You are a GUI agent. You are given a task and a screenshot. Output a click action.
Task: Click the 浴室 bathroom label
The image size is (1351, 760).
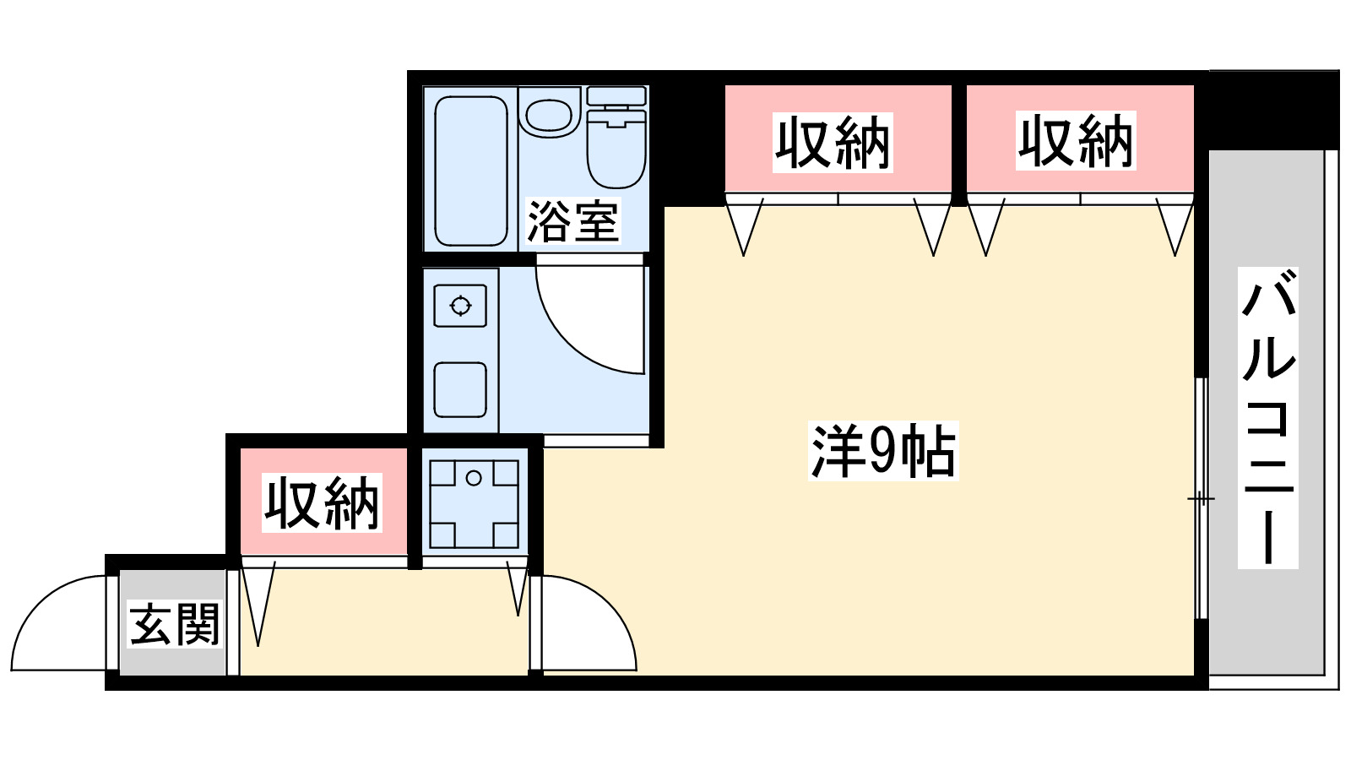pyautogui.click(x=573, y=221)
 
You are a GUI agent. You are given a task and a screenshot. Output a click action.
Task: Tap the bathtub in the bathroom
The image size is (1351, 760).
pyautogui.click(x=470, y=170)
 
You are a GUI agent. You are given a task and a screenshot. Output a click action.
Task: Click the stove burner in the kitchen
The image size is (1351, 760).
pyautogui.click(x=460, y=305)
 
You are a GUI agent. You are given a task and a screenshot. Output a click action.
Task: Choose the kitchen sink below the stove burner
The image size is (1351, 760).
pyautogui.click(x=460, y=389)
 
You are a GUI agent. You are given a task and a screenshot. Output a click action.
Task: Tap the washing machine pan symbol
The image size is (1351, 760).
pyautogui.click(x=474, y=504)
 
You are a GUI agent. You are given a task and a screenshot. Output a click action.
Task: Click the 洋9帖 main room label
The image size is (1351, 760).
pyautogui.click(x=883, y=451)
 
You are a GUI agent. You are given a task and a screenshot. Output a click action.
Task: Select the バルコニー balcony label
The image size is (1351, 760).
pyautogui.click(x=1268, y=418)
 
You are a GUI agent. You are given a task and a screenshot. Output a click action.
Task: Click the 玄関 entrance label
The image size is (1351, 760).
pyautogui.click(x=175, y=624)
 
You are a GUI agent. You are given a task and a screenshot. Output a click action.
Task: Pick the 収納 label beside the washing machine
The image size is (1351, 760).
pyautogui.click(x=323, y=504)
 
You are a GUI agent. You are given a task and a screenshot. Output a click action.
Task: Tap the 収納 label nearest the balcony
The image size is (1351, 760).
pyautogui.click(x=1076, y=141)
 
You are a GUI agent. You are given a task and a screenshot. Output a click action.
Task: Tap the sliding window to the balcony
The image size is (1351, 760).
pyautogui.click(x=1201, y=498)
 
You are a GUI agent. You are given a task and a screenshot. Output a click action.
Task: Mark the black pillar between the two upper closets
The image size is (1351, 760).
pyautogui.click(x=959, y=144)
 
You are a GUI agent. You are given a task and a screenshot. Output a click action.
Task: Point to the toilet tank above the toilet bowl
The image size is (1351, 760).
pyautogui.click(x=616, y=95)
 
